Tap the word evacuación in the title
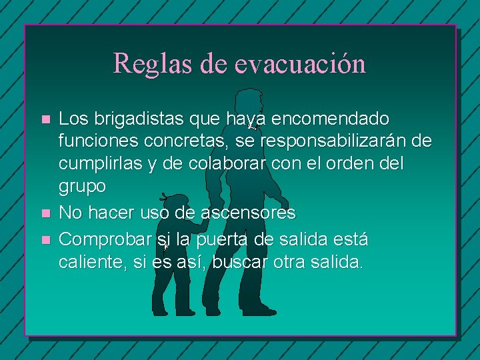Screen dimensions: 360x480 click(x=300, y=63)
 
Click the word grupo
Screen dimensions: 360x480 click(x=82, y=187)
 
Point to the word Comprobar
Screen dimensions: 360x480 click(x=105, y=239)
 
